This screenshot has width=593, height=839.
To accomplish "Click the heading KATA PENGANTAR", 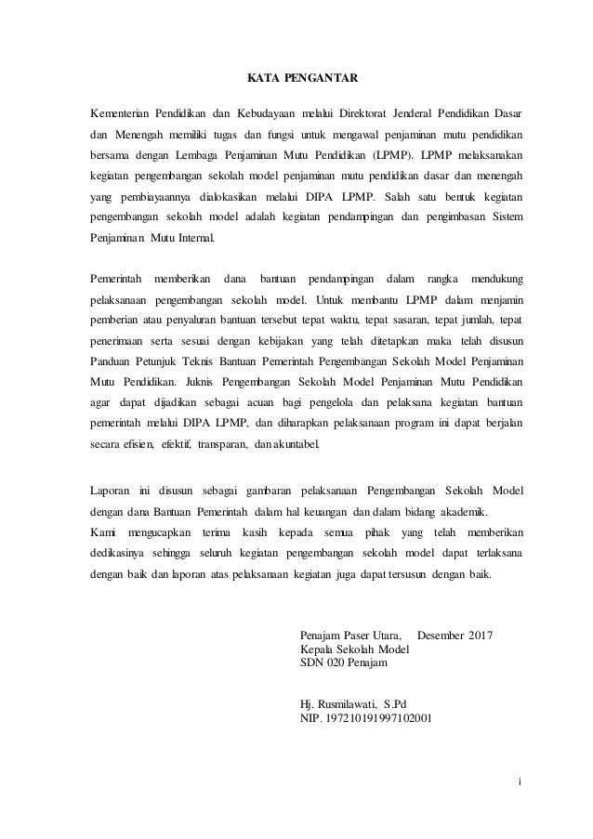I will click(295, 78).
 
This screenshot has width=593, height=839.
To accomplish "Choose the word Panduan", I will click(112, 361).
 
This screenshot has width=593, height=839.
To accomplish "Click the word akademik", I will click(461, 512).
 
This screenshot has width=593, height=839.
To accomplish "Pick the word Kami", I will click(101, 532).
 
